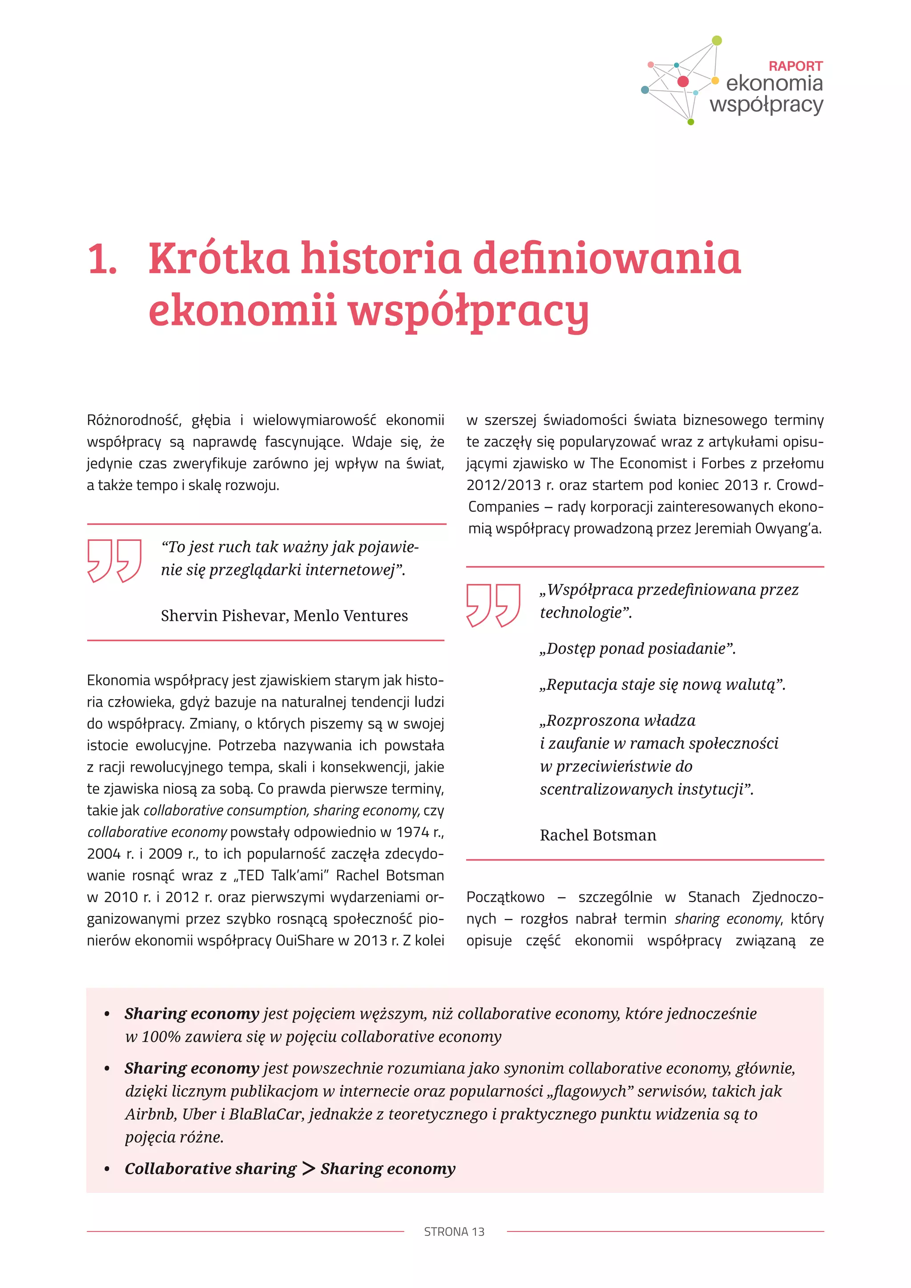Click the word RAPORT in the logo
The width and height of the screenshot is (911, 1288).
coord(795,66)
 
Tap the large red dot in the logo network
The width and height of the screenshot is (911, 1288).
coord(683,81)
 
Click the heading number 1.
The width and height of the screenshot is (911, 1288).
coord(102,260)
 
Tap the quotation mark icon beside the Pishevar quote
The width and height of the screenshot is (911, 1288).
coord(114,560)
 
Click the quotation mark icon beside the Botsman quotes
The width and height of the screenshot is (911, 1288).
coord(493,605)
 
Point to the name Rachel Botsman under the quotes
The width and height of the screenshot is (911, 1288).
coord(597,835)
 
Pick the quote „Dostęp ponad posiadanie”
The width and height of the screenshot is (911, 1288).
coord(637,648)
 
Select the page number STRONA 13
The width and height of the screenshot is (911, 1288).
coord(454,1232)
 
